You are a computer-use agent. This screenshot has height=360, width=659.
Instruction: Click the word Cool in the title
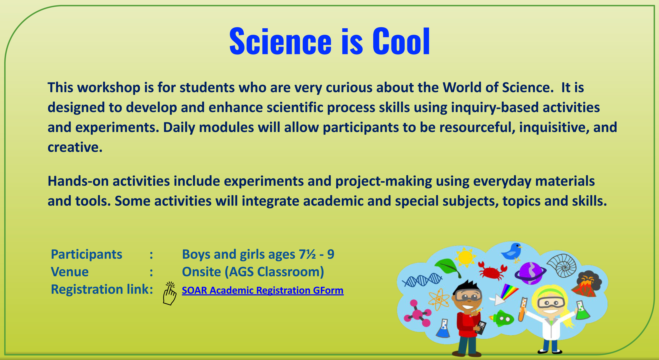[401, 41]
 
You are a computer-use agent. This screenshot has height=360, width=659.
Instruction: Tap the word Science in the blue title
[280, 41]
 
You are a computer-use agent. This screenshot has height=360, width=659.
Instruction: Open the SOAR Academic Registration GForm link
[262, 290]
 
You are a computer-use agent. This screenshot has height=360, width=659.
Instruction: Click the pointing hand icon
[170, 293]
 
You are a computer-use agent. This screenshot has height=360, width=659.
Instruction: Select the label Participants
[86, 254]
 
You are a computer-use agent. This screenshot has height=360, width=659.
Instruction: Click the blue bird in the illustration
[512, 252]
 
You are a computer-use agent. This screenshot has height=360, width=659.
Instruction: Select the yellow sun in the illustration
[465, 257]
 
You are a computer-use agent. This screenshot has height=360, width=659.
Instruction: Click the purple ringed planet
[531, 273]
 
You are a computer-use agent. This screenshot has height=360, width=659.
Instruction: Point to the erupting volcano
[586, 284]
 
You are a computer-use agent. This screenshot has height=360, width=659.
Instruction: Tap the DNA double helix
[422, 280]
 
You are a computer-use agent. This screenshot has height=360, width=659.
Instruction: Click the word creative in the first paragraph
[75, 147]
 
